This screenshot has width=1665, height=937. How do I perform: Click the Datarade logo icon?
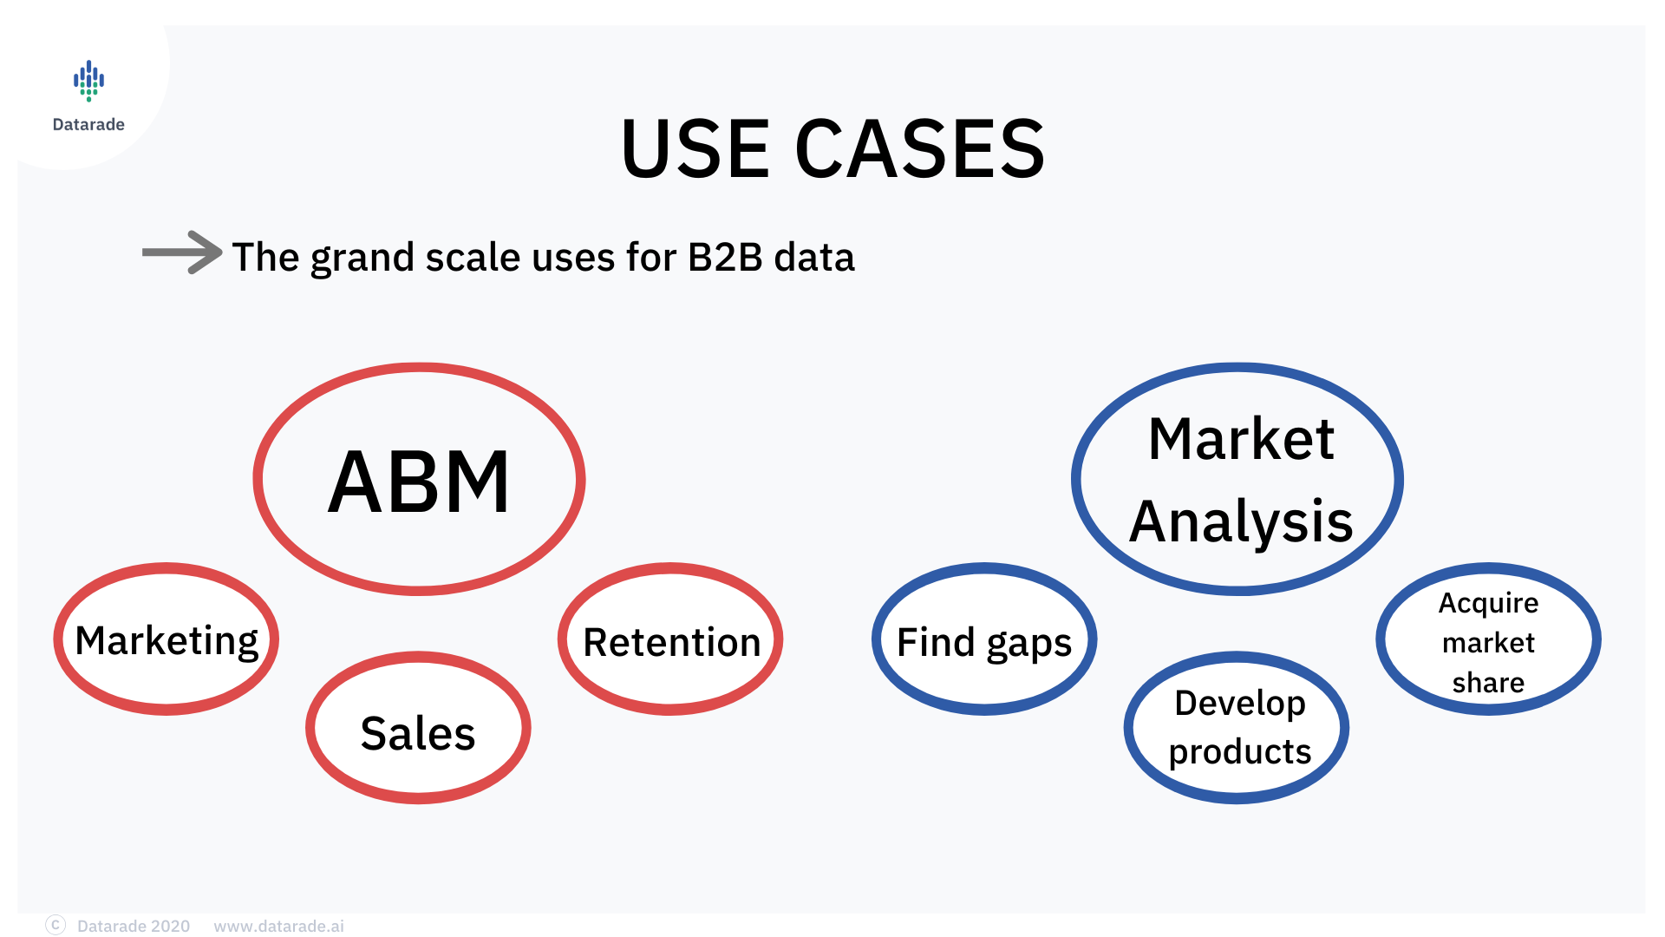pos(88,81)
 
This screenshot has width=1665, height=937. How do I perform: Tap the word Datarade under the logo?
pos(88,124)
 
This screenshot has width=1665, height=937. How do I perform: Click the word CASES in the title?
pos(920,149)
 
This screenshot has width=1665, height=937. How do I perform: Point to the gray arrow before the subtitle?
pos(182,252)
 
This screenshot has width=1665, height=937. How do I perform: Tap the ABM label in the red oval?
pos(419,482)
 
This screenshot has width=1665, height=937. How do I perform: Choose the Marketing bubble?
pos(166,639)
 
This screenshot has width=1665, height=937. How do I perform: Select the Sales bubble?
pos(418,727)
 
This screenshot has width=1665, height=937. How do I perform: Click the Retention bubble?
pos(670,639)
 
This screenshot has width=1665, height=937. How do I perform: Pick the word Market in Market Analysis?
pos(1241,439)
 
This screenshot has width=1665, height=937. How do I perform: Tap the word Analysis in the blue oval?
pos(1241,522)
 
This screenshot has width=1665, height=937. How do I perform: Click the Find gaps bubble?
pos(984,639)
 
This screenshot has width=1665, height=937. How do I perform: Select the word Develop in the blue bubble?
pos(1240,704)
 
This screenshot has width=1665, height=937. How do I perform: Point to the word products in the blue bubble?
pos(1240,752)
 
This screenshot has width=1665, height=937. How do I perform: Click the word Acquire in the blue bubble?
pos(1488,603)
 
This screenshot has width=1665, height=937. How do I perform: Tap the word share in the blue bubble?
pos(1488,683)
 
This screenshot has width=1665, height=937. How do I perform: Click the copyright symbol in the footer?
pos(55,925)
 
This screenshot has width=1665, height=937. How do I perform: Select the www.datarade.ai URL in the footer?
pos(278,926)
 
